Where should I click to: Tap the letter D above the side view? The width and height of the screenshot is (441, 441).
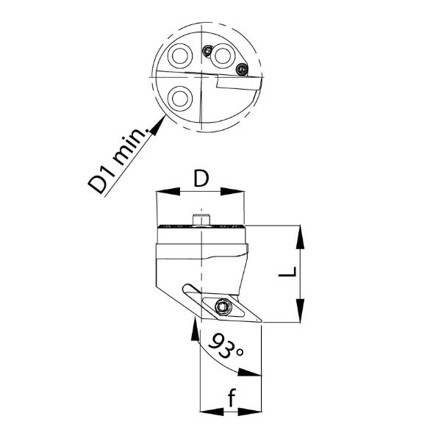pyautogui.click(x=201, y=179)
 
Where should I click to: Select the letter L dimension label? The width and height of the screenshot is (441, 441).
pyautogui.click(x=287, y=272)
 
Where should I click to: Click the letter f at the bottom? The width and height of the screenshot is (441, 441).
pyautogui.click(x=232, y=398)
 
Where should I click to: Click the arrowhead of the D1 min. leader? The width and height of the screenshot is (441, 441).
pyautogui.click(x=158, y=126)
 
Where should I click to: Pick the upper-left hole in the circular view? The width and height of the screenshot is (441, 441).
pyautogui.click(x=179, y=56)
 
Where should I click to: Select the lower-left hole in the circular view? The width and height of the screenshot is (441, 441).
pyautogui.click(x=180, y=98)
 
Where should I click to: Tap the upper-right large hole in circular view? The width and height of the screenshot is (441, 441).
pyautogui.click(x=223, y=56)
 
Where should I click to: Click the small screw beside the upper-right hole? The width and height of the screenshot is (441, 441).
pyautogui.click(x=207, y=51)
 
